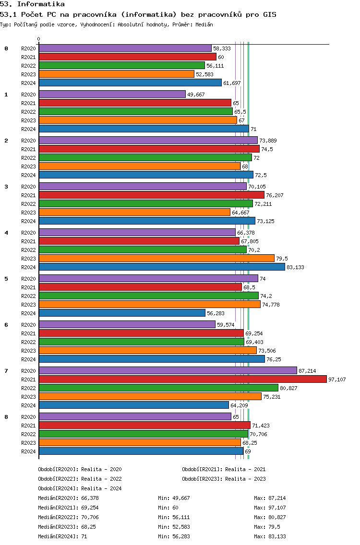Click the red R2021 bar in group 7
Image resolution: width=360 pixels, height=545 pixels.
(183, 379)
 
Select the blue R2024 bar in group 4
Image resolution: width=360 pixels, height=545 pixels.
(162, 267)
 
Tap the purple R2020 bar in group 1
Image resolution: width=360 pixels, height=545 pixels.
(112, 94)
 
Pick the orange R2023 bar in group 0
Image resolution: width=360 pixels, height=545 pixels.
(117, 74)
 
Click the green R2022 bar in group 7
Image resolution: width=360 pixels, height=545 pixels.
(158, 388)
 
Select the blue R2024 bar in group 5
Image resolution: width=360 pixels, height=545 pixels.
(122, 313)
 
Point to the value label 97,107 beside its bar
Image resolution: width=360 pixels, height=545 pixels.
(337, 379)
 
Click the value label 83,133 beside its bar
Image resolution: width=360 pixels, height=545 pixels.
(295, 267)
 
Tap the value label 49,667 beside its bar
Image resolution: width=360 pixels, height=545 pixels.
(196, 95)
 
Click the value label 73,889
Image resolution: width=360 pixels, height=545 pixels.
(268, 141)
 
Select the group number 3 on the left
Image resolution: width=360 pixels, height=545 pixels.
(6, 187)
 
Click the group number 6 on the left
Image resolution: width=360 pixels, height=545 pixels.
(6, 325)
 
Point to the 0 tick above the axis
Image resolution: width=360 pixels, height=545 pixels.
(38, 39)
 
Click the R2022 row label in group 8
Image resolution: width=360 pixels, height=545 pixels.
(28, 434)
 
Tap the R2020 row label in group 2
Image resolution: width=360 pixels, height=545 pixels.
(28, 141)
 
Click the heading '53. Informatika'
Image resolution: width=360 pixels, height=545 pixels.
(32, 4)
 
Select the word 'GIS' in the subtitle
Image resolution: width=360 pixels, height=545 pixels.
(270, 14)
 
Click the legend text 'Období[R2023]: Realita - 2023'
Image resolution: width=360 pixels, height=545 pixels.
(224, 479)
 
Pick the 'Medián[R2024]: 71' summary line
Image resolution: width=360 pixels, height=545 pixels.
(62, 536)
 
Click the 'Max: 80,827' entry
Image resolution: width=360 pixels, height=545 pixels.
(270, 517)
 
